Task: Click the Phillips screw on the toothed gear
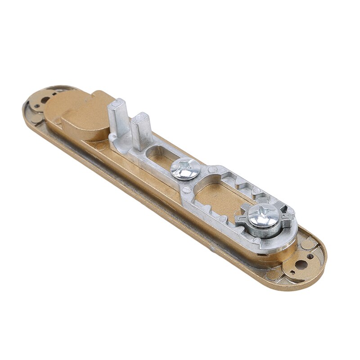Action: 263,216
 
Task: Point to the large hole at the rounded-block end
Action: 45,100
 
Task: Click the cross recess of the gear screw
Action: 263,214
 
